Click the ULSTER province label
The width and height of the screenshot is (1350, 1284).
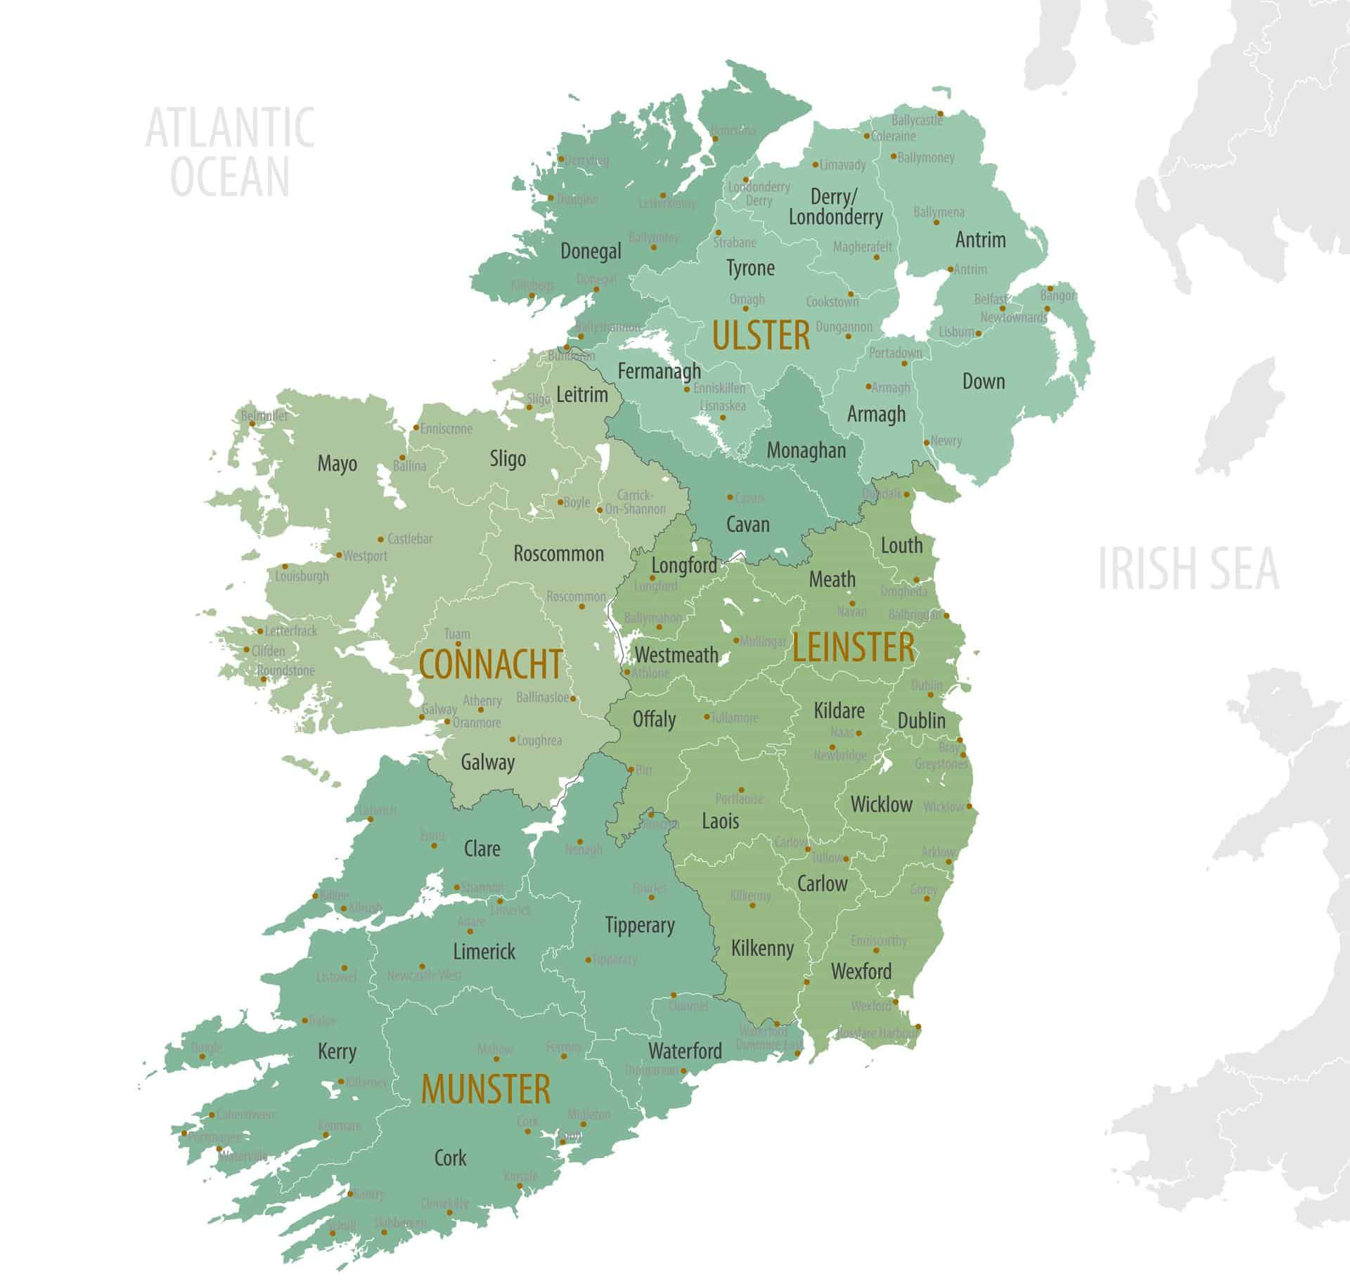pyautogui.click(x=761, y=335)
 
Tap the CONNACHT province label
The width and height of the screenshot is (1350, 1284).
pyautogui.click(x=491, y=665)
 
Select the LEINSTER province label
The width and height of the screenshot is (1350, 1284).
pyautogui.click(x=854, y=648)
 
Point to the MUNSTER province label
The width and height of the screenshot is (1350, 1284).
pyautogui.click(x=485, y=1090)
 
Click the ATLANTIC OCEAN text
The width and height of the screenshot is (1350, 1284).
pyautogui.click(x=230, y=152)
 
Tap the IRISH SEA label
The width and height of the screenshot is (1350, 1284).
pyautogui.click(x=1188, y=569)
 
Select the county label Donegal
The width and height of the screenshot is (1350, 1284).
pyautogui.click(x=591, y=251)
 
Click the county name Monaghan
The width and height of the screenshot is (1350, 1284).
pyautogui.click(x=806, y=450)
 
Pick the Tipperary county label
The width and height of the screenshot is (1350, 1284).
pyautogui.click(x=640, y=926)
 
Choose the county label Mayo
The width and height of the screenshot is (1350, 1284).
pyautogui.click(x=337, y=464)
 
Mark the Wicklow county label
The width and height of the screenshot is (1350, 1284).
pyautogui.click(x=881, y=805)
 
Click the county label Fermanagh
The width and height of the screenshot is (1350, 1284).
pyautogui.click(x=659, y=371)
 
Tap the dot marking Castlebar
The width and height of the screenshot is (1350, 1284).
pyautogui.click(x=381, y=540)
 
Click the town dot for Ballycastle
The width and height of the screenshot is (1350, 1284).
pyautogui.click(x=940, y=113)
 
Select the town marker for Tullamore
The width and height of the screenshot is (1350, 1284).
pyautogui.click(x=707, y=717)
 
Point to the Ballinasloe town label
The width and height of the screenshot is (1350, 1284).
pyautogui.click(x=542, y=699)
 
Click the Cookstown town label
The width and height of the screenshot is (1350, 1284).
pyautogui.click(x=832, y=302)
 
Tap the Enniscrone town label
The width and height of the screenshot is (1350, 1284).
pyautogui.click(x=446, y=429)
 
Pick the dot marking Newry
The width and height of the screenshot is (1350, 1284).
pyautogui.click(x=927, y=443)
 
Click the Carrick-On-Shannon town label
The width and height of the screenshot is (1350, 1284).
pyautogui.click(x=635, y=502)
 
